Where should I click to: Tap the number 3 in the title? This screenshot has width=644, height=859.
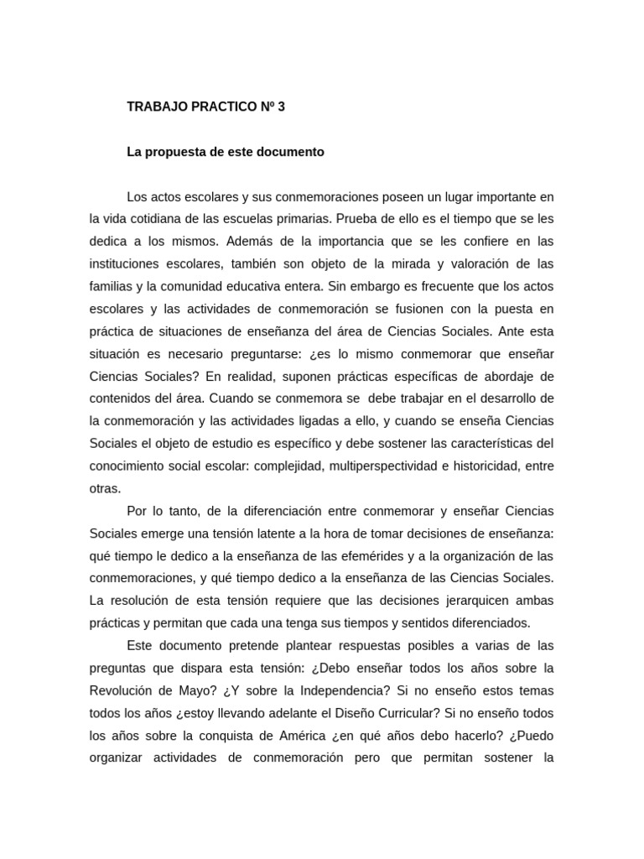pyautogui.click(x=269, y=107)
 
